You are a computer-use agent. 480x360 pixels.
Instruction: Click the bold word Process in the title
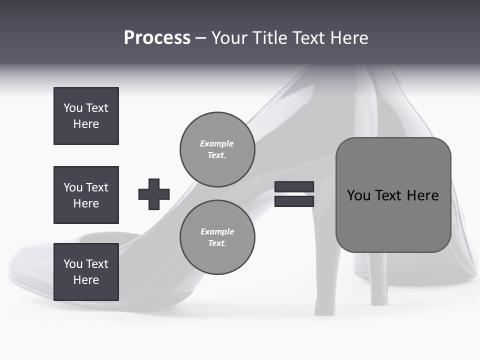tap(157, 38)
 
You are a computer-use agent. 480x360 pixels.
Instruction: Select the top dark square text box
tap(86, 116)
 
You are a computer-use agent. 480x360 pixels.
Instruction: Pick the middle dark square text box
tap(86, 195)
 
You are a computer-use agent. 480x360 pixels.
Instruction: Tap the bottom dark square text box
tap(86, 272)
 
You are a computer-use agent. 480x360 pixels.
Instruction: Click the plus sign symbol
tap(154, 194)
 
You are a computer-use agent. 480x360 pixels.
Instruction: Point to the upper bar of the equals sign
tap(294, 186)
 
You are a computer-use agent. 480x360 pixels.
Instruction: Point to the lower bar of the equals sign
tap(294, 201)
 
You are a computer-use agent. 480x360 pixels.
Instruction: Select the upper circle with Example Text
tap(217, 149)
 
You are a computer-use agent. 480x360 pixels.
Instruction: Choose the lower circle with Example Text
tap(217, 237)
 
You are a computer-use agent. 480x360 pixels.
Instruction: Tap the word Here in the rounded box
tap(422, 195)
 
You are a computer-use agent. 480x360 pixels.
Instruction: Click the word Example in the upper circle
tap(216, 143)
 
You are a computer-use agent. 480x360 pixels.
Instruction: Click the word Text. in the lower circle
tap(217, 243)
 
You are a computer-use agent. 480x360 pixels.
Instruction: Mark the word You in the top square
tap(73, 108)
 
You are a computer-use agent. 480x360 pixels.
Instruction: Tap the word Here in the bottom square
tap(86, 280)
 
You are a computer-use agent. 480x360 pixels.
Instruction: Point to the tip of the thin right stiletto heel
tap(379, 301)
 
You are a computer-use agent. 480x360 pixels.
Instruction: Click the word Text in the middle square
tap(97, 187)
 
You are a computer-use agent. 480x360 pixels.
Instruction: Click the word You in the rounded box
tap(358, 195)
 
